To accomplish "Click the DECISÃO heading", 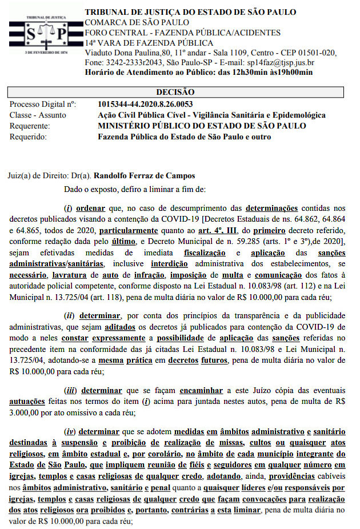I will point(175,92).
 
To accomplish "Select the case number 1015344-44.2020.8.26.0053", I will point(145,104).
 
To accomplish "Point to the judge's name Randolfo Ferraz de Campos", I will point(144,175).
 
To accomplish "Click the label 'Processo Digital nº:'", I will point(43,104).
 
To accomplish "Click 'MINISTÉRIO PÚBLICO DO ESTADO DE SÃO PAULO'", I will point(202,126).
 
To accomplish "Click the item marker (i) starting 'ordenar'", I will point(68,209).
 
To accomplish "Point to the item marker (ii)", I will point(69,316).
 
